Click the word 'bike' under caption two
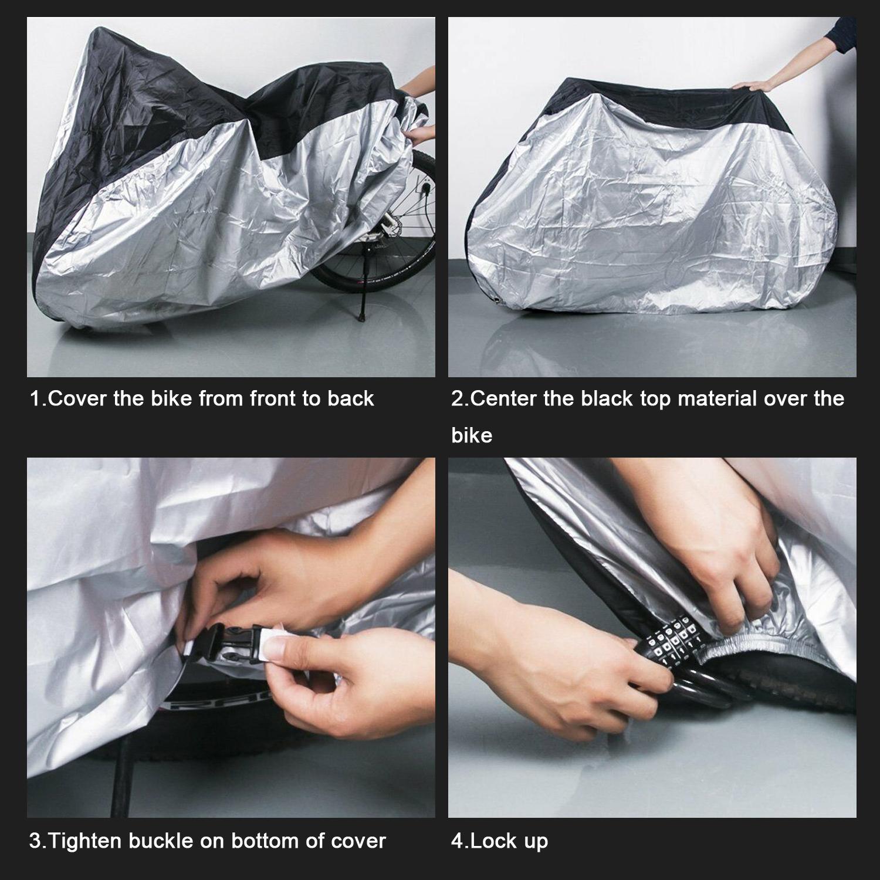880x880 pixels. pyautogui.click(x=471, y=435)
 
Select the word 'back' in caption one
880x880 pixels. pyautogui.click(x=350, y=399)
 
